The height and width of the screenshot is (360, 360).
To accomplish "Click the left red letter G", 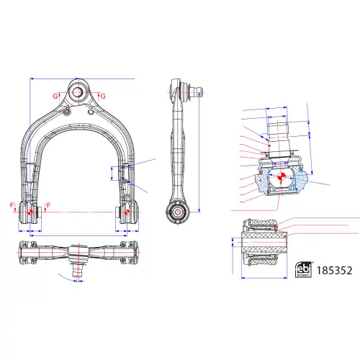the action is [55, 96].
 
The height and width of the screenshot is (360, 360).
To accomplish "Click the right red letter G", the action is [103, 96].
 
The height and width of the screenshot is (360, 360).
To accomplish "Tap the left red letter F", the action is [12, 205].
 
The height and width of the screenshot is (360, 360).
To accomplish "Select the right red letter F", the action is [48, 205].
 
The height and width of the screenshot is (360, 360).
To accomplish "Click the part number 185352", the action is [334, 271].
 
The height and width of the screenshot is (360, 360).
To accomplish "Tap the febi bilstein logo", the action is [304, 270].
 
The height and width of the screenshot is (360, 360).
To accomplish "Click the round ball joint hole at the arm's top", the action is [78, 92].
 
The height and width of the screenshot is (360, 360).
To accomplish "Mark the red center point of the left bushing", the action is [30, 212].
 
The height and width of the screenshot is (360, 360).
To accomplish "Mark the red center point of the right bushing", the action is [127, 212].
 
